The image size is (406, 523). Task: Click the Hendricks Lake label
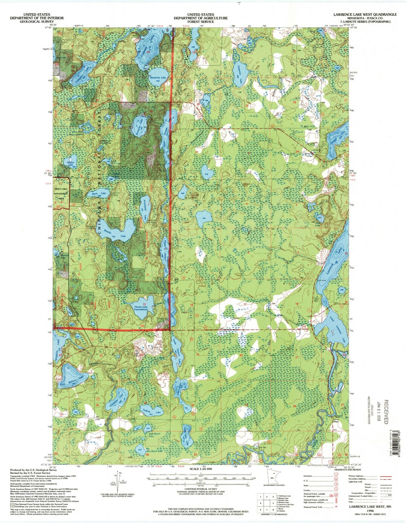(x=158, y=77)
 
